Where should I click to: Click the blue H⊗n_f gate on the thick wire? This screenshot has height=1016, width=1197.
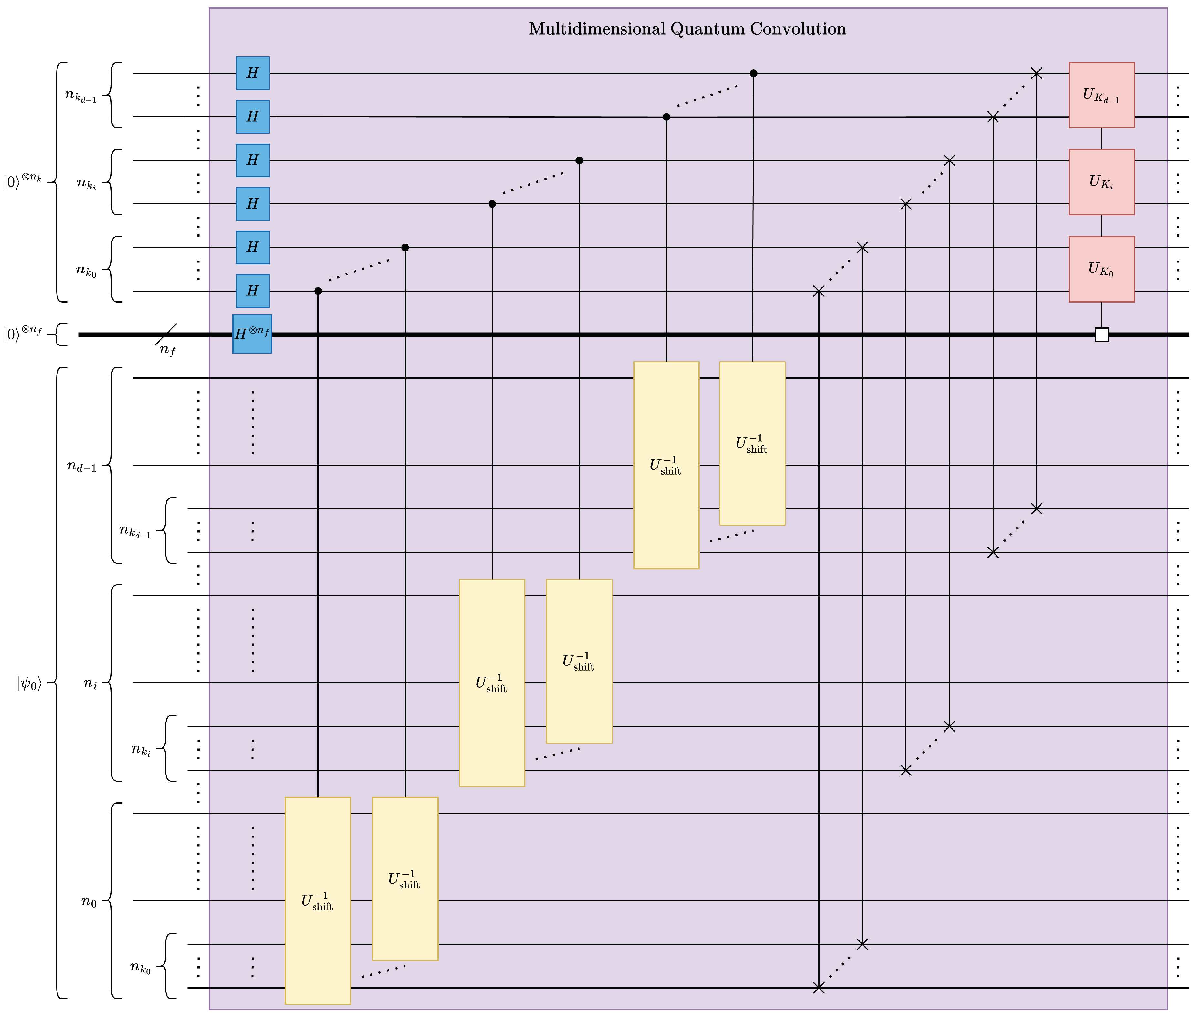click(252, 334)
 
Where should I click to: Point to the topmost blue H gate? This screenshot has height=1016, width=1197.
click(252, 73)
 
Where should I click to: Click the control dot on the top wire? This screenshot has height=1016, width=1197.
click(753, 73)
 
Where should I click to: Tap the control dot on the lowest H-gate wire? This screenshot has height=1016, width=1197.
click(318, 291)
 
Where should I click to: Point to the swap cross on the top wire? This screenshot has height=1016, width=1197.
click(1036, 73)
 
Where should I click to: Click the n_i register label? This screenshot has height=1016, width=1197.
click(90, 684)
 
